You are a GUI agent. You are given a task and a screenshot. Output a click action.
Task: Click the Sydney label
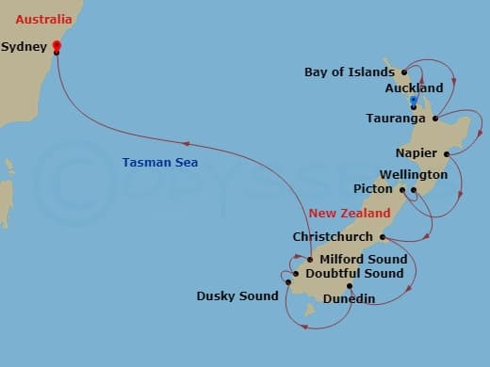(24, 46)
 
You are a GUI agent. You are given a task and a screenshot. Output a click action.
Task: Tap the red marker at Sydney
(56, 44)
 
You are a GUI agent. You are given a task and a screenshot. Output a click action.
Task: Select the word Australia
(38, 17)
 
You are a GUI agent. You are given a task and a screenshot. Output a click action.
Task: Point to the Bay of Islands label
(350, 72)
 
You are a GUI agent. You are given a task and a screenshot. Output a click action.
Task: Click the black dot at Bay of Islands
(403, 72)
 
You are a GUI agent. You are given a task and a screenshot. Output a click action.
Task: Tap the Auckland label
(414, 88)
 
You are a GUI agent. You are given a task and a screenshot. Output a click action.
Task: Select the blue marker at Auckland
(414, 99)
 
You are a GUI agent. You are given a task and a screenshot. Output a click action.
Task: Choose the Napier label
(419, 152)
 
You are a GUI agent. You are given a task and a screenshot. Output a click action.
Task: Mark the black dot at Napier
(449, 152)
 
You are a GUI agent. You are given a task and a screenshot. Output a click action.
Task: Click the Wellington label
(413, 175)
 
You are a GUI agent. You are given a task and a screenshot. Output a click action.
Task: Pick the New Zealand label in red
(345, 214)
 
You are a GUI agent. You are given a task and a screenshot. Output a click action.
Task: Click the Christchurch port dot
(382, 237)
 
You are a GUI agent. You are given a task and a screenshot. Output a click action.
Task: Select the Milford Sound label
(364, 259)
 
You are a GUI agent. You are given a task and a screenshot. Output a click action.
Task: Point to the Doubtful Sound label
(355, 274)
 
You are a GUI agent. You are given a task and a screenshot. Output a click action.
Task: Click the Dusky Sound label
(237, 295)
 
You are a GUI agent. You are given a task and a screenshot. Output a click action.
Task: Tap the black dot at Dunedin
(349, 286)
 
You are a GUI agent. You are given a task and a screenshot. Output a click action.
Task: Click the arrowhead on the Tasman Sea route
(186, 144)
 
